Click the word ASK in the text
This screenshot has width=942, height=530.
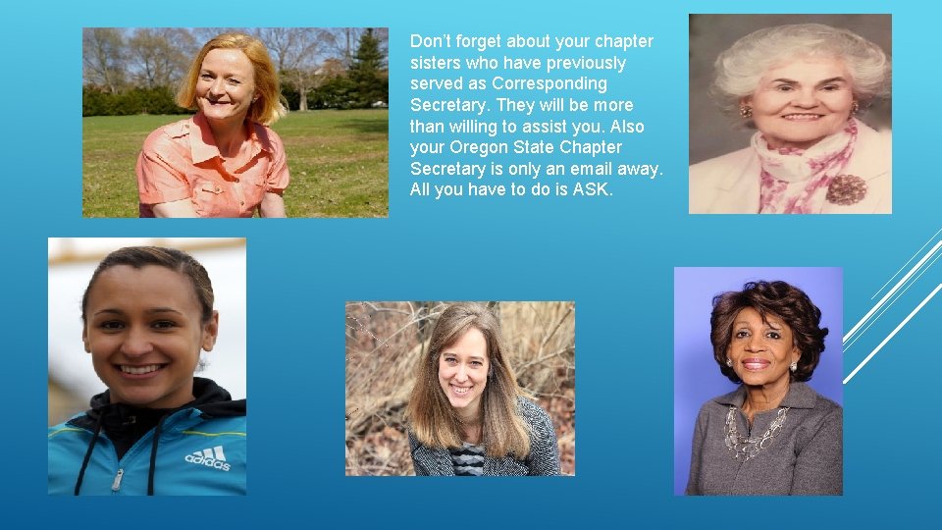click(595, 190)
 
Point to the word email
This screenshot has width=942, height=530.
click(583, 169)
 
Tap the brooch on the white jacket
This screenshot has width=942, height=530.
click(846, 188)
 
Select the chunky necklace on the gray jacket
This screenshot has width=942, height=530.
click(754, 432)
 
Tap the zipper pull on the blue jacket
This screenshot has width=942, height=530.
click(118, 479)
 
